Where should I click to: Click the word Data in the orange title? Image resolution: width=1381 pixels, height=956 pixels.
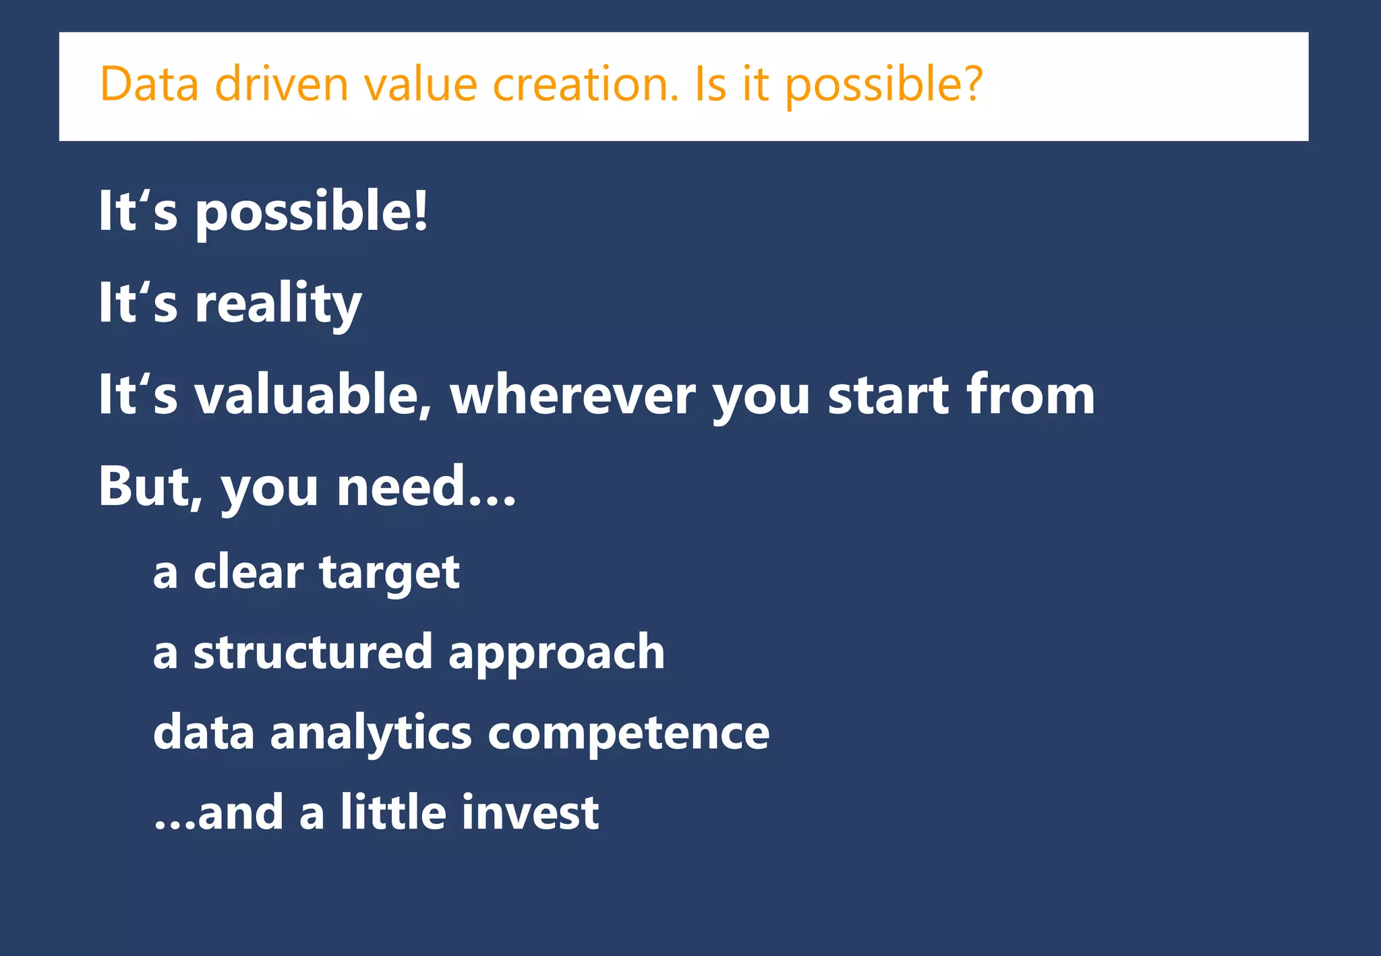click(149, 84)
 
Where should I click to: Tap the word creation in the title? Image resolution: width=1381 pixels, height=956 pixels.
click(585, 84)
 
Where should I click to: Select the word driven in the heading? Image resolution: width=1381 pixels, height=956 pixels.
click(281, 84)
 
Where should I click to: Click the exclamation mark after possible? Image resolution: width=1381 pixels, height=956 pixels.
click(421, 210)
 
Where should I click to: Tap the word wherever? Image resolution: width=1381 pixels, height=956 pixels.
click(572, 396)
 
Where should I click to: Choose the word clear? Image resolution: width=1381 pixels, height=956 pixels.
click(248, 572)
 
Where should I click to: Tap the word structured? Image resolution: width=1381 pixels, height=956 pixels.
click(312, 652)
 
